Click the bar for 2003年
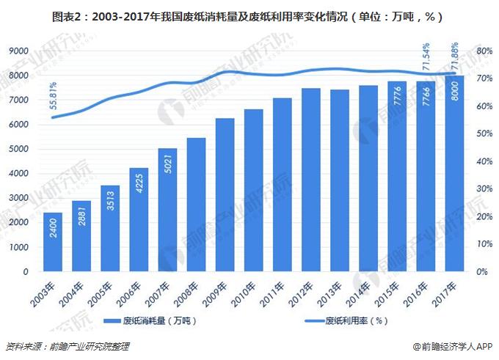click(53, 242)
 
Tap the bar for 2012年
click(311, 180)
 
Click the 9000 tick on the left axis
click(18, 51)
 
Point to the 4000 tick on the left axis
click(18, 174)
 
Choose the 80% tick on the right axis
click(483, 51)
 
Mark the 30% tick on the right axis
click(483, 189)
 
